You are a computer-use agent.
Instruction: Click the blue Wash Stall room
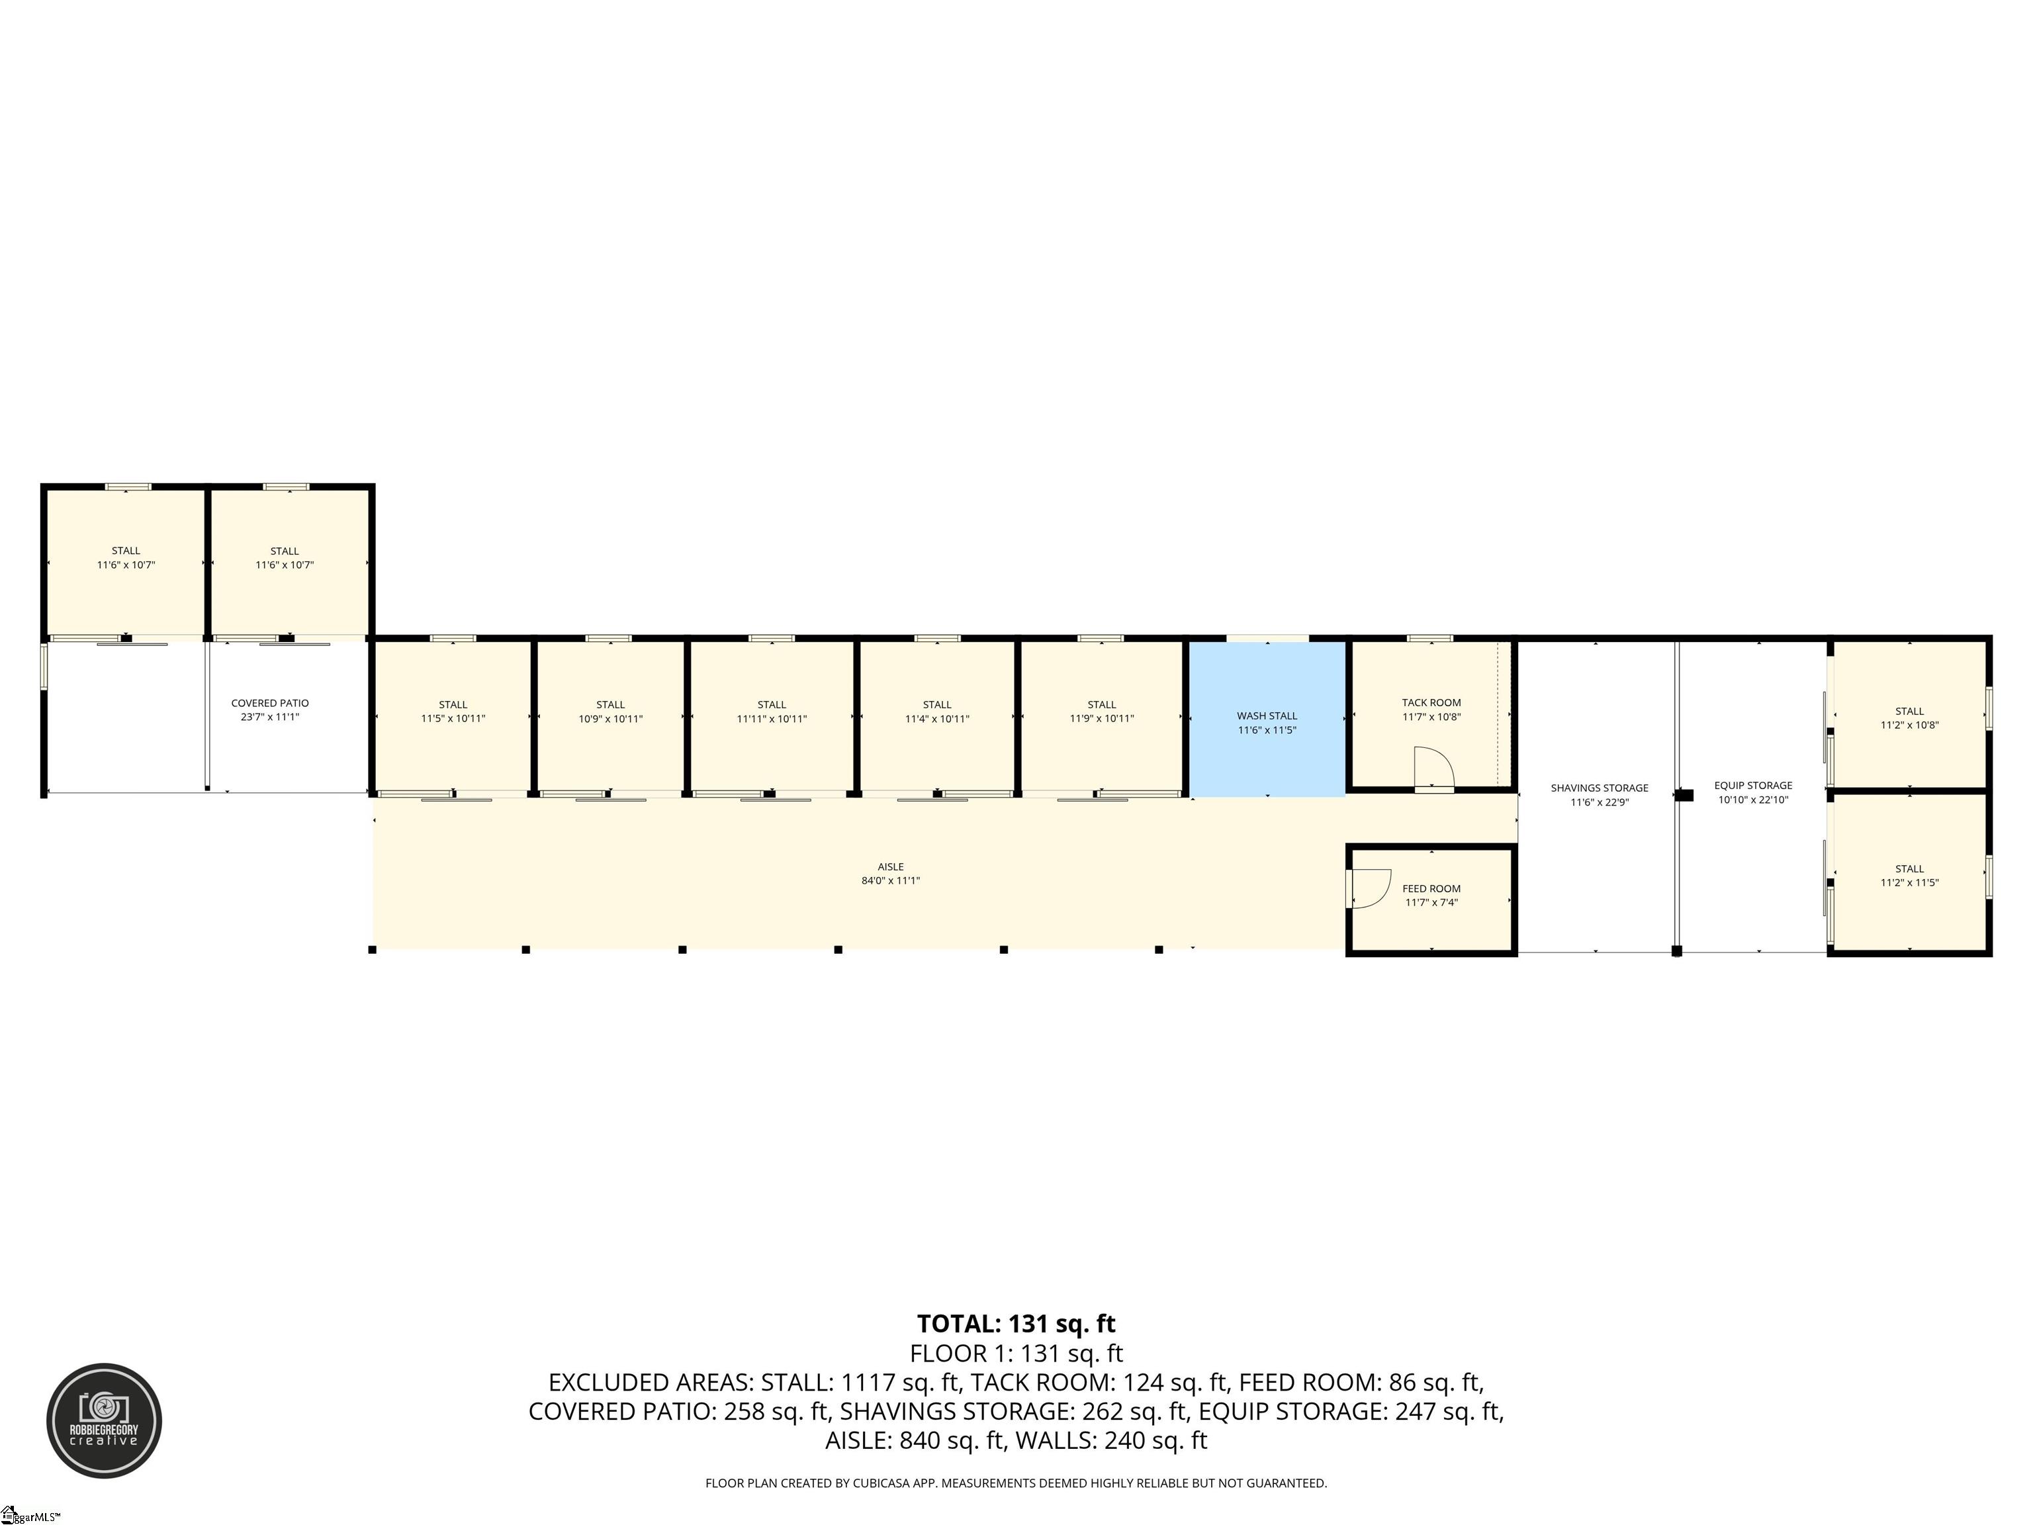pyautogui.click(x=1267, y=719)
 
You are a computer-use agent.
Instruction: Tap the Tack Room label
pyautogui.click(x=1431, y=703)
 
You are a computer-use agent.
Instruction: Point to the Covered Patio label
pyautogui.click(x=270, y=703)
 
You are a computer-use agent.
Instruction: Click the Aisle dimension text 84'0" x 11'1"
pyautogui.click(x=891, y=880)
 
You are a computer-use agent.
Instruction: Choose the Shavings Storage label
pyautogui.click(x=1599, y=788)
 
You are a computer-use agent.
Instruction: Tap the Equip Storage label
pyautogui.click(x=1752, y=785)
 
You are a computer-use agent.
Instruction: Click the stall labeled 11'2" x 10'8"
pyautogui.click(x=1909, y=715)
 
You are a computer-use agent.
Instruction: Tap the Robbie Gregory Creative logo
pyautogui.click(x=104, y=1420)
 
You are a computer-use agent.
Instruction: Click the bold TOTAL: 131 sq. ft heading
pyautogui.click(x=1016, y=1324)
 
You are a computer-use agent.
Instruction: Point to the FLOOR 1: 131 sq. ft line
pyautogui.click(x=1016, y=1353)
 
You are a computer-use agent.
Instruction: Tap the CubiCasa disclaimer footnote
pyautogui.click(x=1016, y=1483)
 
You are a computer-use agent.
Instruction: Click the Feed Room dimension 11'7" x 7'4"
pyautogui.click(x=1431, y=903)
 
